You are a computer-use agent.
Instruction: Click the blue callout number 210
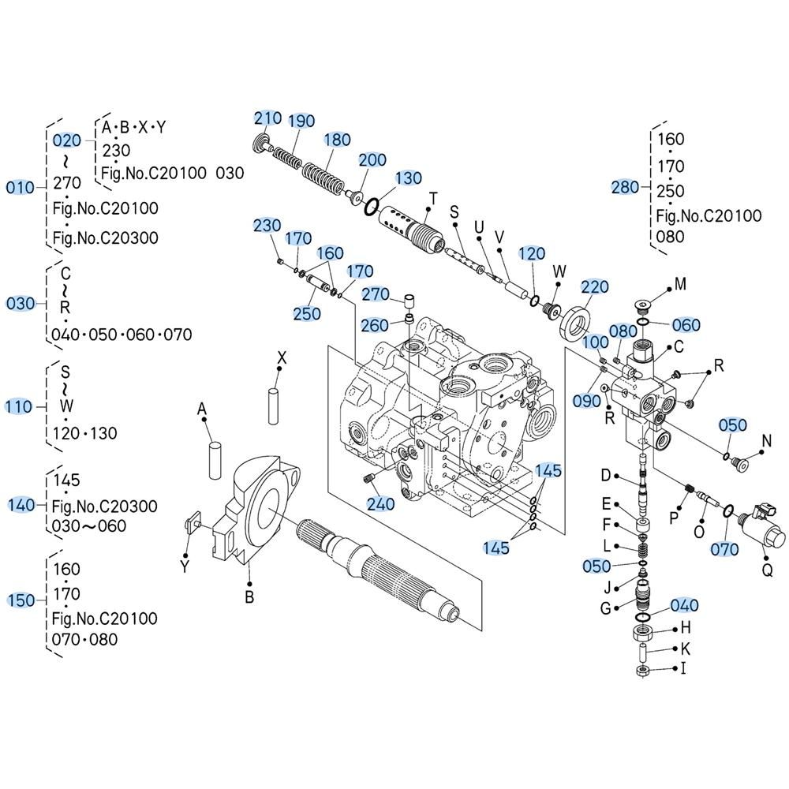(267, 118)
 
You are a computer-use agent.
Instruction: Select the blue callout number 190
(301, 122)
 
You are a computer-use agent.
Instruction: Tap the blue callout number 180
(337, 140)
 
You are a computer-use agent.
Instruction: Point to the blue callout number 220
(595, 286)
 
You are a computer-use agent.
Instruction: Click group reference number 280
(625, 187)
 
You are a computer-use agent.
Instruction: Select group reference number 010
(20, 187)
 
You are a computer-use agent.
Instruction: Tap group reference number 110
(19, 406)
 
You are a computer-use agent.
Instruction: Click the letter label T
(432, 197)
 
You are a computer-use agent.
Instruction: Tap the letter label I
(682, 669)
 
